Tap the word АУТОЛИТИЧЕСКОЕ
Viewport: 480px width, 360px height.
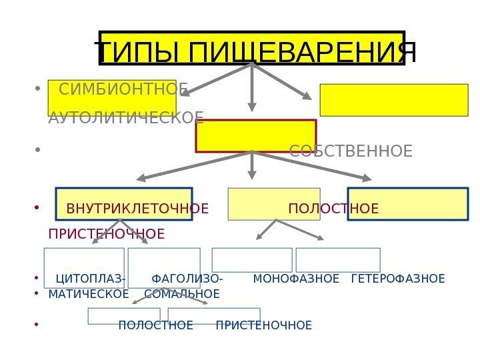(126, 119)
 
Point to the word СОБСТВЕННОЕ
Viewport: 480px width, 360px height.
(351, 151)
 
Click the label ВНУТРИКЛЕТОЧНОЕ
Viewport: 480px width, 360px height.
(137, 209)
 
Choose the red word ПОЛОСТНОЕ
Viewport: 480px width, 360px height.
(333, 209)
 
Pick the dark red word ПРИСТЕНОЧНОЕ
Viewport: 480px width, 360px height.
(107, 235)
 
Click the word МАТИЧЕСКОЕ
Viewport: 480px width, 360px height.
(89, 294)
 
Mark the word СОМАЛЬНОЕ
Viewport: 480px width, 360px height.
(182, 294)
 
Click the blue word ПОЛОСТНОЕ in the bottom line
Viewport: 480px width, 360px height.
(155, 325)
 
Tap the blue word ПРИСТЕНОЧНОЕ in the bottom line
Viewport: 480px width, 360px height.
(264, 325)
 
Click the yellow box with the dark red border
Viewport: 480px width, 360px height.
(255, 136)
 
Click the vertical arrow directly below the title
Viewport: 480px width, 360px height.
(252, 87)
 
